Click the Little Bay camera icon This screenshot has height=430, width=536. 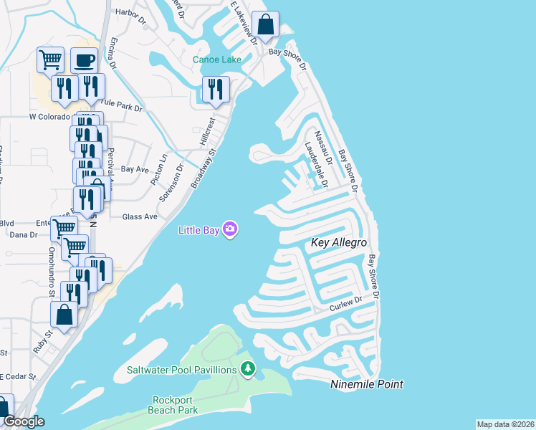(230, 229)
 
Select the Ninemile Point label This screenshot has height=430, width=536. (367, 385)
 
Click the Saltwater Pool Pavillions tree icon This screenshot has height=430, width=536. (248, 369)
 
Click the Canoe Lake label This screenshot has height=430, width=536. (217, 59)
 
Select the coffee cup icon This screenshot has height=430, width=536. (84, 59)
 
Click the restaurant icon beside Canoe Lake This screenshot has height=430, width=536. (215, 89)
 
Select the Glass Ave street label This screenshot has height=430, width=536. (139, 216)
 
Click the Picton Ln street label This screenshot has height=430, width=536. (163, 166)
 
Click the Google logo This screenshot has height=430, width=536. (23, 421)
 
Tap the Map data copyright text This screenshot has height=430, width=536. (505, 424)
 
